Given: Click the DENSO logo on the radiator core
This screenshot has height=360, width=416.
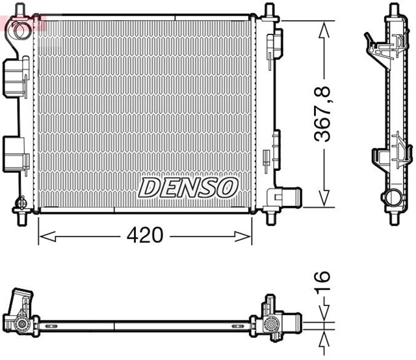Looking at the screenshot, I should (x=187, y=188).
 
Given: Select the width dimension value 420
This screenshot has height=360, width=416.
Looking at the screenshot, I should (x=144, y=235).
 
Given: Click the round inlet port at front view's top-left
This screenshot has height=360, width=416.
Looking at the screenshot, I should (x=21, y=29).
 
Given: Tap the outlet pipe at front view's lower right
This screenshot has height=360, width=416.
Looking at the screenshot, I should (x=290, y=197).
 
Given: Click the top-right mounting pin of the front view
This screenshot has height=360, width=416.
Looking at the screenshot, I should (x=269, y=10).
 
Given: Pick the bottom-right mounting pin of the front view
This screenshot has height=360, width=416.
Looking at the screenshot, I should (x=269, y=217).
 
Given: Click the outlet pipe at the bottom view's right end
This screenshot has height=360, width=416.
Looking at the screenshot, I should (x=292, y=322).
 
